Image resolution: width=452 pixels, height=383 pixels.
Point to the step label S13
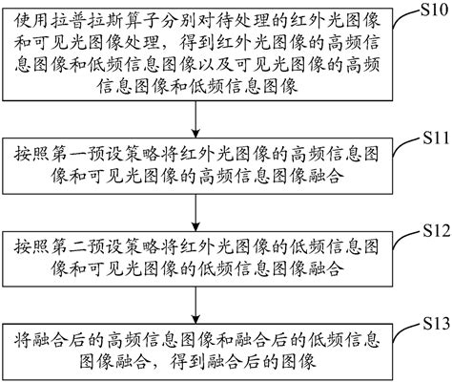pos(427,322)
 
